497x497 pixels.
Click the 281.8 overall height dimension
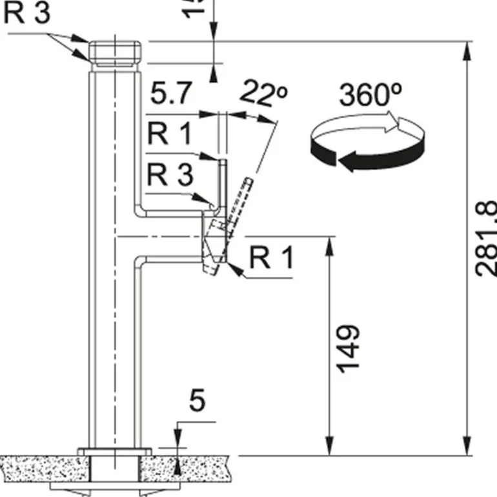click(485, 239)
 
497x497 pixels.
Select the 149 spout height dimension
click(349, 348)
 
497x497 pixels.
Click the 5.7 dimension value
click(171, 96)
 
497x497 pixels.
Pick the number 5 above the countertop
click(198, 401)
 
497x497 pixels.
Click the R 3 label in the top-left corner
click(27, 14)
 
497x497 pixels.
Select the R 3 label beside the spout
click(169, 174)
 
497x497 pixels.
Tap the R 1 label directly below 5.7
click(169, 135)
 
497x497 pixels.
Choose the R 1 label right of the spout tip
click(271, 258)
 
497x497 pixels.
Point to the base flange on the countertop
click(114, 451)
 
